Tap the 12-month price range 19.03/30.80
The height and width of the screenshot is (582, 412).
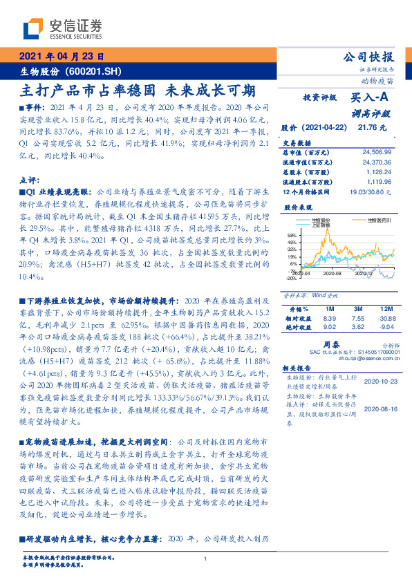(x=373, y=191)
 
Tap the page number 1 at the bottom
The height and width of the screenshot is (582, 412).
(x=206, y=559)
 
